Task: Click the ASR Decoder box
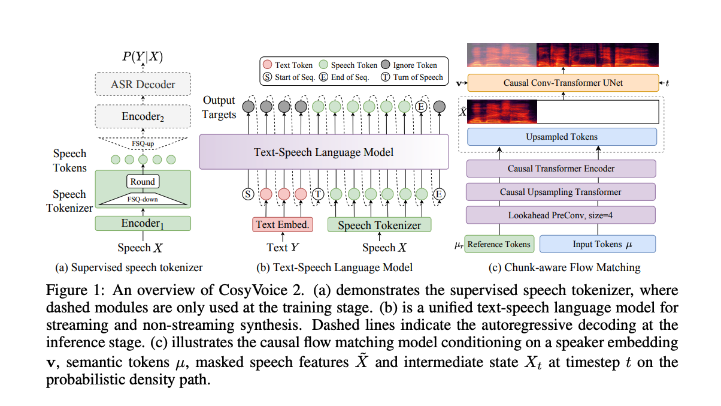point(143,85)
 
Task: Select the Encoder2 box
point(143,116)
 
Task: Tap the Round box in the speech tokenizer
point(143,182)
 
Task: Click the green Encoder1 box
point(143,224)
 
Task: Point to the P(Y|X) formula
point(143,57)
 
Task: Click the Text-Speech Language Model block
point(323,152)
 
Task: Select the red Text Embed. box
point(282,225)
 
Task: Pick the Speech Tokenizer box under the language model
point(379,225)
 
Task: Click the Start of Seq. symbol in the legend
point(267,77)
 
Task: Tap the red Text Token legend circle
point(267,64)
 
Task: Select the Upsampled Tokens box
point(562,137)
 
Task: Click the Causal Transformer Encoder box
point(561,169)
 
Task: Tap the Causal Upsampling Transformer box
point(561,192)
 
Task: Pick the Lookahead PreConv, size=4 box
point(561,214)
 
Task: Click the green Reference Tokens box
point(498,244)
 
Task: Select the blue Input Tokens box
point(597,244)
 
